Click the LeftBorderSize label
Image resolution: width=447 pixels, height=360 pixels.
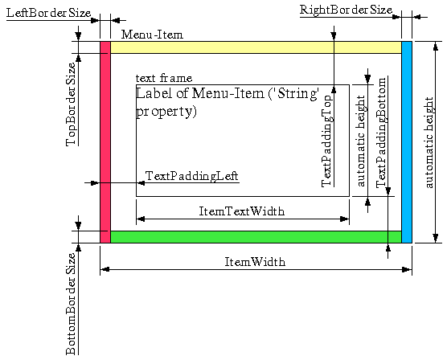click(48, 13)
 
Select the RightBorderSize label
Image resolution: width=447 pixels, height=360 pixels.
click(346, 10)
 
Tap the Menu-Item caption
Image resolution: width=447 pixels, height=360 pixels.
click(152, 35)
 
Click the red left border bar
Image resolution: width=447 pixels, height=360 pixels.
click(105, 142)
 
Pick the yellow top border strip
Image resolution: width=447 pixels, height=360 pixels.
click(256, 47)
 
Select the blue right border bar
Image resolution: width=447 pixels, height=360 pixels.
click(407, 142)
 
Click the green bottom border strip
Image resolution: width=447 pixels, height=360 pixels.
click(256, 237)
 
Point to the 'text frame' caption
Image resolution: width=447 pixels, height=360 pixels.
click(164, 78)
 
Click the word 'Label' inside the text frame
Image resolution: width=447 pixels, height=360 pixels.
click(154, 93)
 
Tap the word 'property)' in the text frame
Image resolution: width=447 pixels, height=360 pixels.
click(166, 112)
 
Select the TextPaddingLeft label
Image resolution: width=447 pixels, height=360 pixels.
click(191, 176)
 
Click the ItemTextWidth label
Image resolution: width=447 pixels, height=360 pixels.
click(241, 211)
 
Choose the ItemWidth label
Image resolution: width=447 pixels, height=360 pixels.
click(255, 262)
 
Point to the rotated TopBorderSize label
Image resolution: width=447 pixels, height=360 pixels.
click(71, 104)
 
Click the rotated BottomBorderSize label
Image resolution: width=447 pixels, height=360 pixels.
click(71, 304)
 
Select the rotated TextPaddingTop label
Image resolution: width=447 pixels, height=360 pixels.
click(327, 141)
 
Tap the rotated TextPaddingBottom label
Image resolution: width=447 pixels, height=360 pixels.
click(381, 133)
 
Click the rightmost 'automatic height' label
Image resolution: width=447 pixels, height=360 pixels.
click(429, 142)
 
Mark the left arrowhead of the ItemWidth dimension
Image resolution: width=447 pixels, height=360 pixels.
click(105, 269)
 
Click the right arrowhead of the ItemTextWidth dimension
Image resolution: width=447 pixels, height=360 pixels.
click(345, 219)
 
